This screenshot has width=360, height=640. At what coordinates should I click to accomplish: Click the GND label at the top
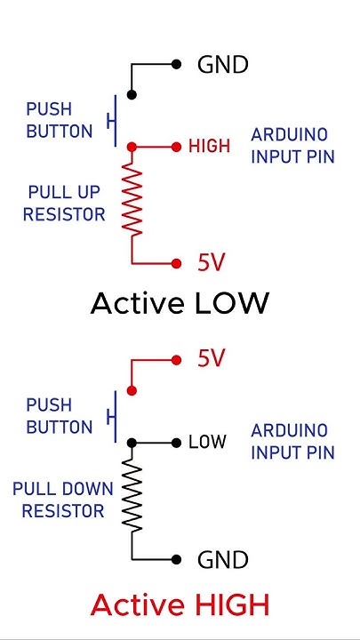point(222,65)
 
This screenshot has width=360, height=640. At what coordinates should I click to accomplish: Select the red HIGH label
point(209,147)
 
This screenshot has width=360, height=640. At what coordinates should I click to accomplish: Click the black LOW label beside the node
point(207,442)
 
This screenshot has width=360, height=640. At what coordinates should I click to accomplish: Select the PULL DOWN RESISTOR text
point(62,500)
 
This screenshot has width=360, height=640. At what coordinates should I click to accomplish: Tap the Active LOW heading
point(180,304)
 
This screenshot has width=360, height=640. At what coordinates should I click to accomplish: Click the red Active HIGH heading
point(180,605)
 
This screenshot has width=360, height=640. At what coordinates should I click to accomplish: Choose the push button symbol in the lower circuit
point(112,416)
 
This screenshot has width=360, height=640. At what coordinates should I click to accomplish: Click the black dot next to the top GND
point(177,64)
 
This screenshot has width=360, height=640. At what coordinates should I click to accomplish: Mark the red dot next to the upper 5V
point(177,263)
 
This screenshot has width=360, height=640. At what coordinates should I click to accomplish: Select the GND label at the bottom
point(222,560)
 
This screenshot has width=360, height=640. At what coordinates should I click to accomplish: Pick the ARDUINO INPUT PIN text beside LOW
point(292,441)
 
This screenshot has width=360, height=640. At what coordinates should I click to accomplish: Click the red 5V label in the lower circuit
point(212,359)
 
